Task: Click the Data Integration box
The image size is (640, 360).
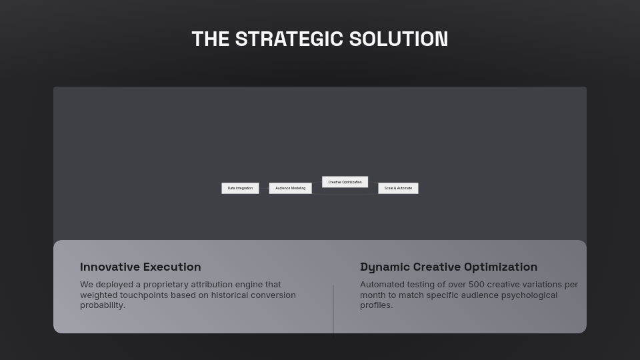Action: point(240,188)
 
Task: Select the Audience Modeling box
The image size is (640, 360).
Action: point(290,188)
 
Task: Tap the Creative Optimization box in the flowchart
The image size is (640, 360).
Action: point(345,182)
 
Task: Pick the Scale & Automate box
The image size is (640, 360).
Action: point(398,188)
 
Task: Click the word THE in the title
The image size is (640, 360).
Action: point(211,39)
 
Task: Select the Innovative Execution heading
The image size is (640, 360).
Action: point(140,267)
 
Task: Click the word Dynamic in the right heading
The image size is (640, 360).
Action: point(385,267)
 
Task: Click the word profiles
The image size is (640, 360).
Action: point(375,305)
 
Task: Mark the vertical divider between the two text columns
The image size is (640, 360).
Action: point(333,309)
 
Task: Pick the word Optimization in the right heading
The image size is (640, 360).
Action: point(501,267)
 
